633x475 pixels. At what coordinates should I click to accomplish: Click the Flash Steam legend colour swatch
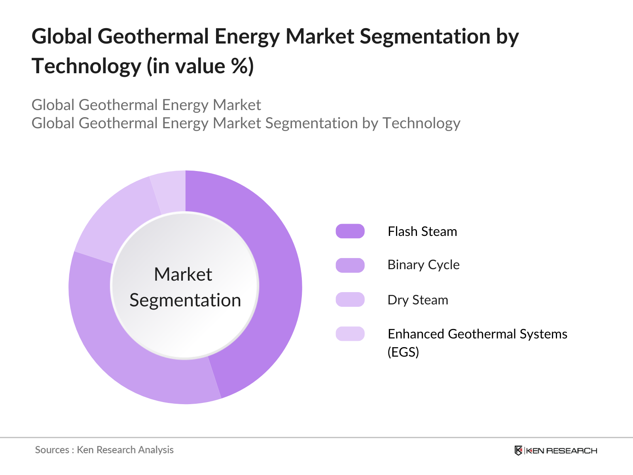350,231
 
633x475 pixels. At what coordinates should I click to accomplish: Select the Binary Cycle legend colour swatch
350,265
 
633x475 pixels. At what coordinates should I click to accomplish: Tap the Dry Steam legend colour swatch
350,300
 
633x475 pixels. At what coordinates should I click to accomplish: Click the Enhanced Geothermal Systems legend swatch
350,334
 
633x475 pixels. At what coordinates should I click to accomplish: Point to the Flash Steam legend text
422,232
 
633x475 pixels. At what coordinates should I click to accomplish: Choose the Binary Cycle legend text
423,265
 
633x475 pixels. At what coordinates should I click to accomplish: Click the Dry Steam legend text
418,300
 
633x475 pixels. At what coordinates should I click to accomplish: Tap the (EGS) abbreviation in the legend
403,352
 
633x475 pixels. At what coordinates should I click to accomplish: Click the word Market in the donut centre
183,274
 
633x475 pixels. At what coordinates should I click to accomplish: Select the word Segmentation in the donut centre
185,300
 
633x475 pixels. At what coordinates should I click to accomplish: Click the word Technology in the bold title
86,66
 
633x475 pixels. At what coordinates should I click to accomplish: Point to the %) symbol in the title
242,66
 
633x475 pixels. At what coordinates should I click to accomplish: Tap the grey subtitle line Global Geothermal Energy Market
146,105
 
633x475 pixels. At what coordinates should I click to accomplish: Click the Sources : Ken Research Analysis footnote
104,450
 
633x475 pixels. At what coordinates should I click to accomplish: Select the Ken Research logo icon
518,450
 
